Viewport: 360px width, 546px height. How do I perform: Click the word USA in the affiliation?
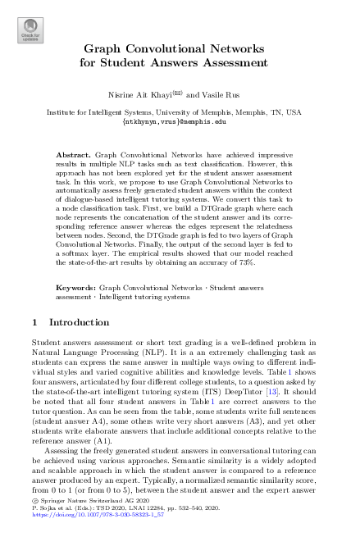293,111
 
